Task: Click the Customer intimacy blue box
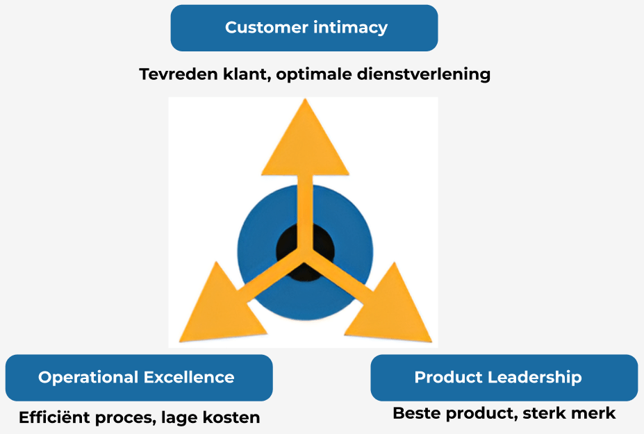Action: [304, 28]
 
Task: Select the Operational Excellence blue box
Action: [138, 378]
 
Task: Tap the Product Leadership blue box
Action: [504, 378]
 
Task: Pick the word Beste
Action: [417, 413]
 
